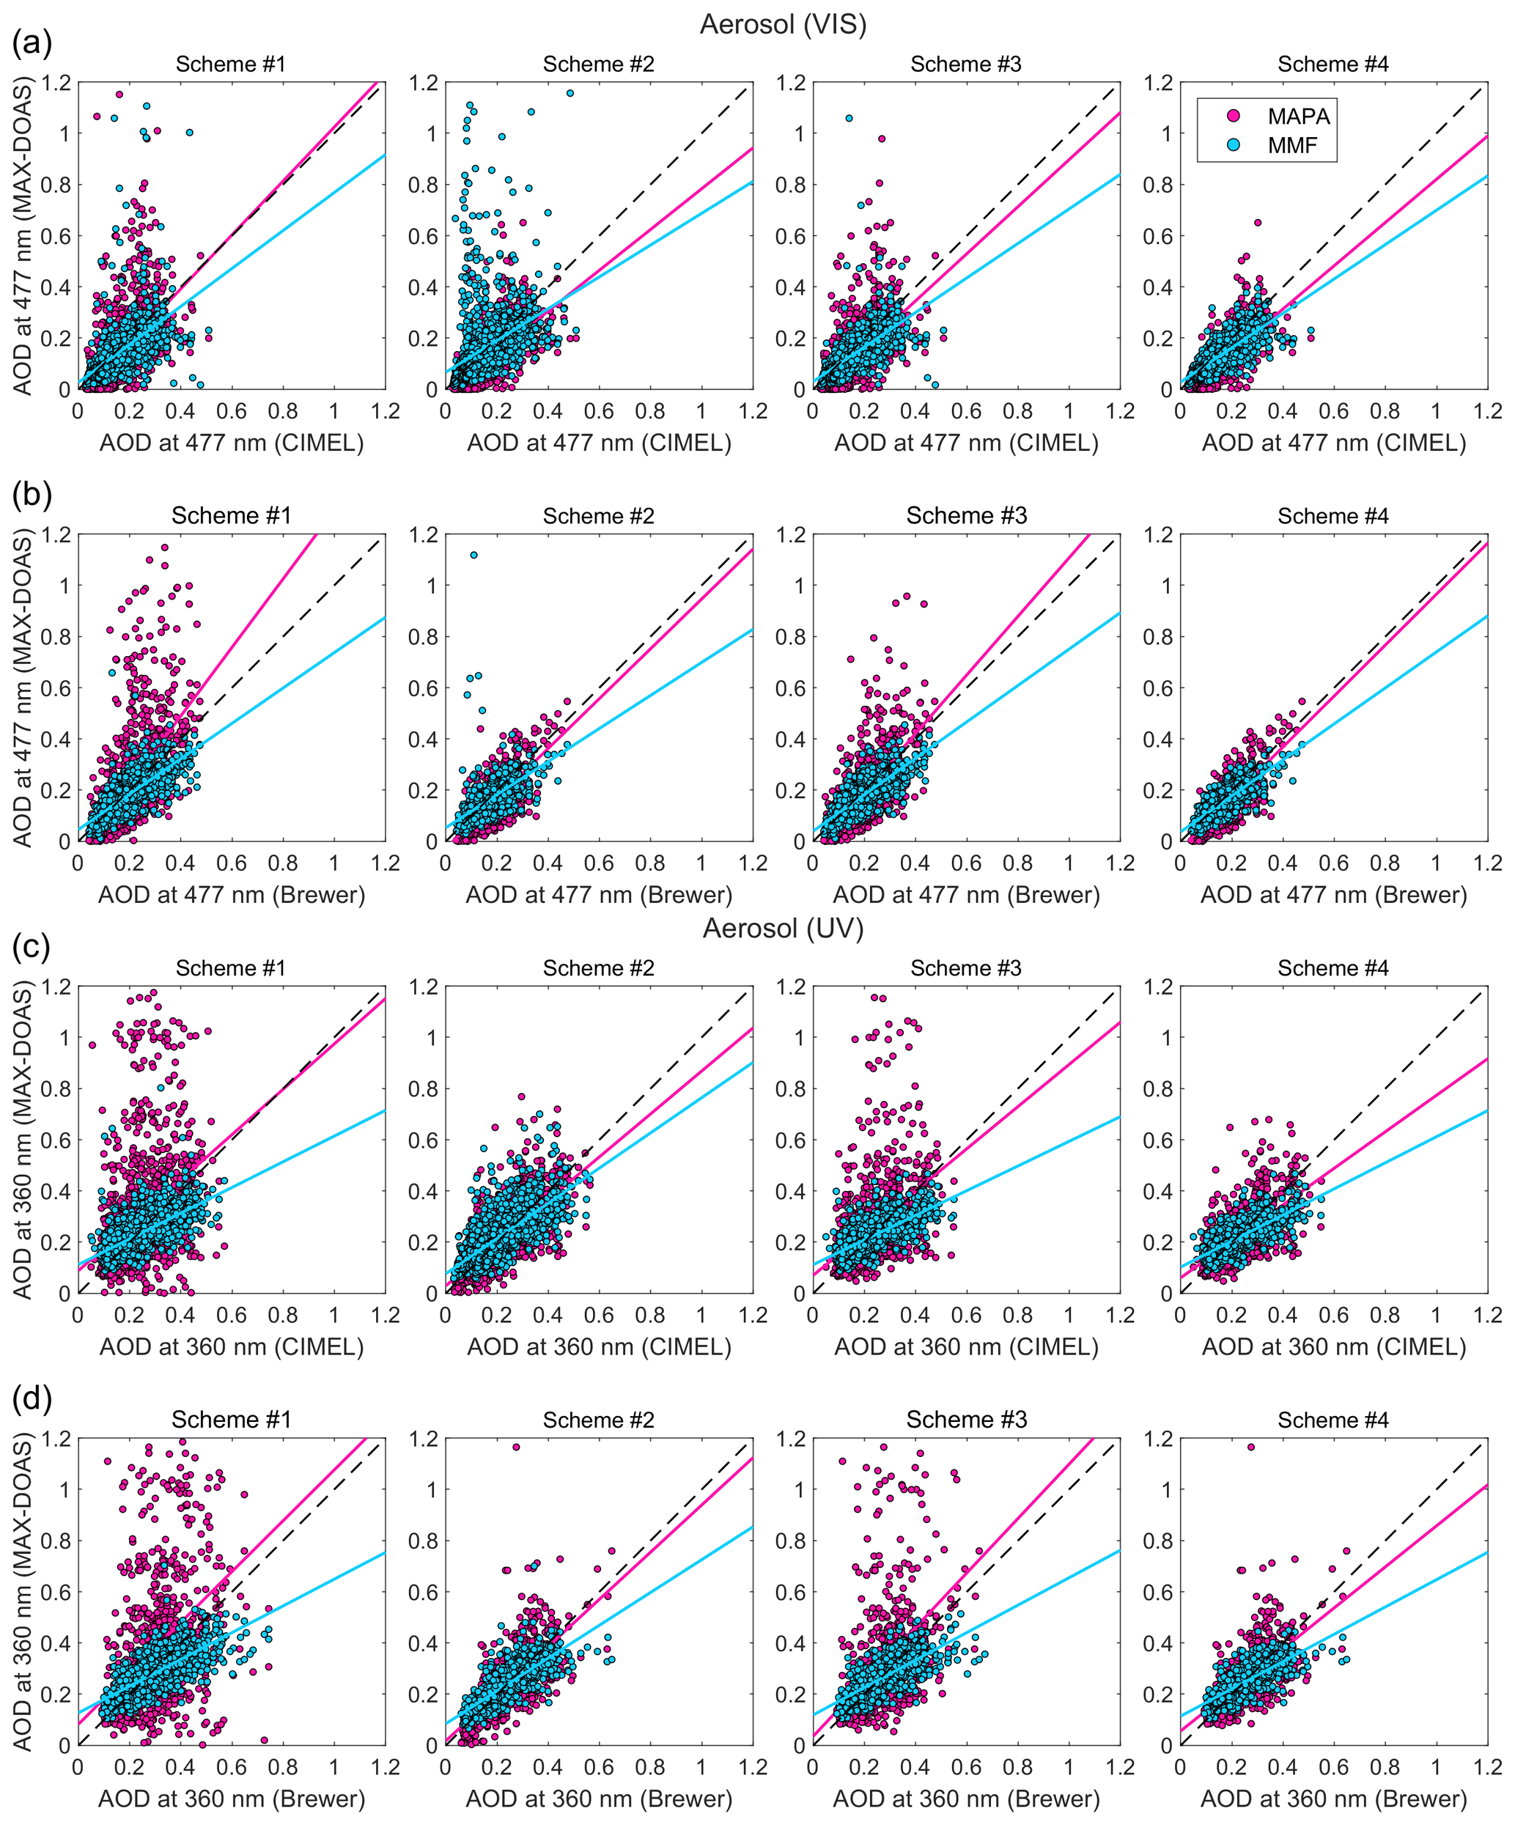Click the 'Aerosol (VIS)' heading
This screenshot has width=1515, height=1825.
pyautogui.click(x=782, y=24)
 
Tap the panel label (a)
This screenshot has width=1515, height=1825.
pyautogui.click(x=32, y=42)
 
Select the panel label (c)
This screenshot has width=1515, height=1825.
pyautogui.click(x=32, y=945)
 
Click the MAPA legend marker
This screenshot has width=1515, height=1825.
pyautogui.click(x=1233, y=116)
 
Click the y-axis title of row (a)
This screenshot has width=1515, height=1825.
pyautogui.click(x=23, y=237)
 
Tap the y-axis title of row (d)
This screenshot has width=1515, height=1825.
pyautogui.click(x=23, y=1592)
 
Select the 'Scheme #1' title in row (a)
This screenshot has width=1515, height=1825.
pyautogui.click(x=230, y=64)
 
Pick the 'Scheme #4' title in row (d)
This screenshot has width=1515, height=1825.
pyautogui.click(x=1332, y=1420)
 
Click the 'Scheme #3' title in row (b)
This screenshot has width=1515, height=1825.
pyautogui.click(x=966, y=516)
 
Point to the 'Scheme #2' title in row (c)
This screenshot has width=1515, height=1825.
pyautogui.click(x=598, y=968)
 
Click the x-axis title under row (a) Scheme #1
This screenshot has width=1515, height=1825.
pyautogui.click(x=231, y=443)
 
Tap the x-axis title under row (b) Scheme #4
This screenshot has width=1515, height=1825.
pyautogui.click(x=1333, y=895)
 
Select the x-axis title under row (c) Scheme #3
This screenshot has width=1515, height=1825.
pyautogui.click(x=966, y=1347)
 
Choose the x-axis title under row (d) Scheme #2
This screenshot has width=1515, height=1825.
pyautogui.click(x=598, y=1799)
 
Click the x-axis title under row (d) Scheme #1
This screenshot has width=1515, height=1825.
pyautogui.click(x=231, y=1799)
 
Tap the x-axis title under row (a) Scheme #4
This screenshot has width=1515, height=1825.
pyautogui.click(x=1333, y=443)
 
